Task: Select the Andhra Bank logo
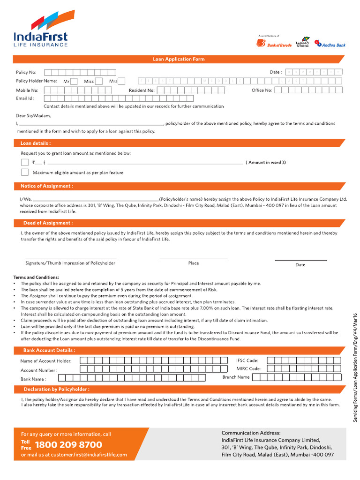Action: point(330,44)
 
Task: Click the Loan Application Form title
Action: point(179,59)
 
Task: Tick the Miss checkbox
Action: point(99,81)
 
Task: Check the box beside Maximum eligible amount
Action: point(25,172)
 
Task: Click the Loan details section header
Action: point(36,143)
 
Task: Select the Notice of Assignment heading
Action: point(46,186)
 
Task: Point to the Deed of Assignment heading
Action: point(48,223)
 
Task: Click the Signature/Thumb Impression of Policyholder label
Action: point(70,263)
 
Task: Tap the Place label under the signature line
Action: point(194,263)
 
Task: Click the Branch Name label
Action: point(236,377)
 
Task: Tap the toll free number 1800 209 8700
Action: point(68,445)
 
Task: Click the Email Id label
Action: point(25,98)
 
